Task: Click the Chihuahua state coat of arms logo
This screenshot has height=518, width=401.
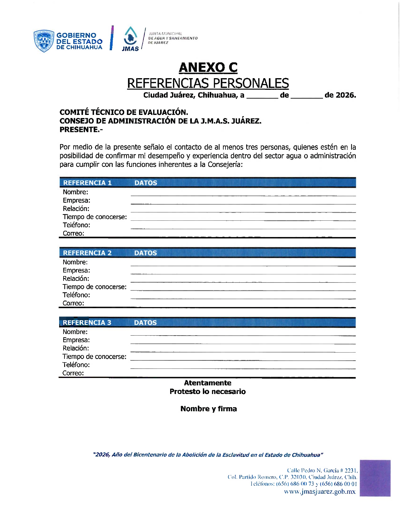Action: pos(44,41)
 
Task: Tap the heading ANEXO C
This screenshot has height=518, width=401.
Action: pos(208,67)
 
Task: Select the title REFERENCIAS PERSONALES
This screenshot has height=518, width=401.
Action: pos(208,83)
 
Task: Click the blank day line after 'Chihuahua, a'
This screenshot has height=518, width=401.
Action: pos(262,95)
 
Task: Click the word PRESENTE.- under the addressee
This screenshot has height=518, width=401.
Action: pos(81,129)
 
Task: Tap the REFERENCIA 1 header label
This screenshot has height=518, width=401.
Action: pos(87,183)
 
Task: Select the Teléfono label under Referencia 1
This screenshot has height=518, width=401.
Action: pos(76,225)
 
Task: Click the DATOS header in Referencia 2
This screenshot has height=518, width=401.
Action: pos(145,253)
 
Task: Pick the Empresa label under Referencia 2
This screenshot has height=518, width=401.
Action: pos(76,270)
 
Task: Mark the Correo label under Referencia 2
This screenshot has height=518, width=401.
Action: pos(73,303)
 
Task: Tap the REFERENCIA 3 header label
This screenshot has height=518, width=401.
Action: pos(87,322)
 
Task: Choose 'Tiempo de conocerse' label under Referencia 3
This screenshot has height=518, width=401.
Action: pos(94,356)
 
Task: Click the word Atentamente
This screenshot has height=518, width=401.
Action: pos(208,383)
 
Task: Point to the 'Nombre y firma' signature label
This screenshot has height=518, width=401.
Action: pos(209,409)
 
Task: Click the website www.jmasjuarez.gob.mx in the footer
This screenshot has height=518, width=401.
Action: pos(320,492)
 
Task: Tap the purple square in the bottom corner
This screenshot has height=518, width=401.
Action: pos(375,478)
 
